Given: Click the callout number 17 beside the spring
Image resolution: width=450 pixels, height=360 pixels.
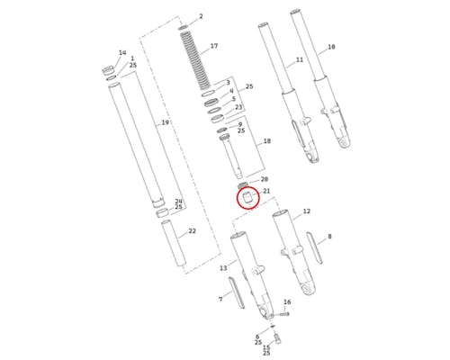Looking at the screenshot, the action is coord(214,46).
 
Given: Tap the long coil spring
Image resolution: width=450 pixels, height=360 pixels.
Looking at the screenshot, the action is coord(195,60).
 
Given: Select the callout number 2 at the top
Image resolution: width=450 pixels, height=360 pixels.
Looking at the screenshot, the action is coord(201,16).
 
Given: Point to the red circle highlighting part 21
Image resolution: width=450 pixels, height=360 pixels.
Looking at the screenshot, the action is coord(248,198).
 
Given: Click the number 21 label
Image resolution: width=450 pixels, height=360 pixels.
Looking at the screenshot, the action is coord(266,191).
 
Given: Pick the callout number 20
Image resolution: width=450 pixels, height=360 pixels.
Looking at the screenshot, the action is coord(265,179).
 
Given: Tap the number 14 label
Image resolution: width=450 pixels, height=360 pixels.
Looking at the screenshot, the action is coord(122,53).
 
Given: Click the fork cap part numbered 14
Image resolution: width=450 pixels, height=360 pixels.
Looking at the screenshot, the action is coord(108,71).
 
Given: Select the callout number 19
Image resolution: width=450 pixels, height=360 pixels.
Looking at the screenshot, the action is coord(166,122).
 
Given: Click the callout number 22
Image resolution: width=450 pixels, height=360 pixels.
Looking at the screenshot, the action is coord(192,231).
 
